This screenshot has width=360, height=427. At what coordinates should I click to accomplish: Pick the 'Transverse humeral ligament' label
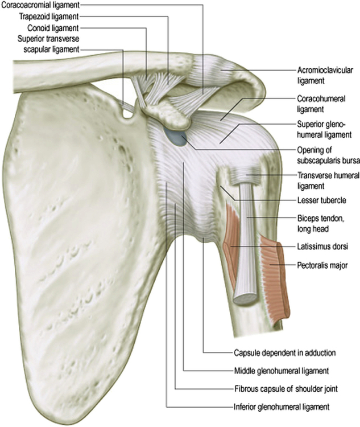coord(321,180)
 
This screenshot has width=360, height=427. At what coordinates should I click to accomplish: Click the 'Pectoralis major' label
coord(320,265)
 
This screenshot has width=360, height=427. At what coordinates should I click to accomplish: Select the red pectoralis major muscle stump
coord(275,273)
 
